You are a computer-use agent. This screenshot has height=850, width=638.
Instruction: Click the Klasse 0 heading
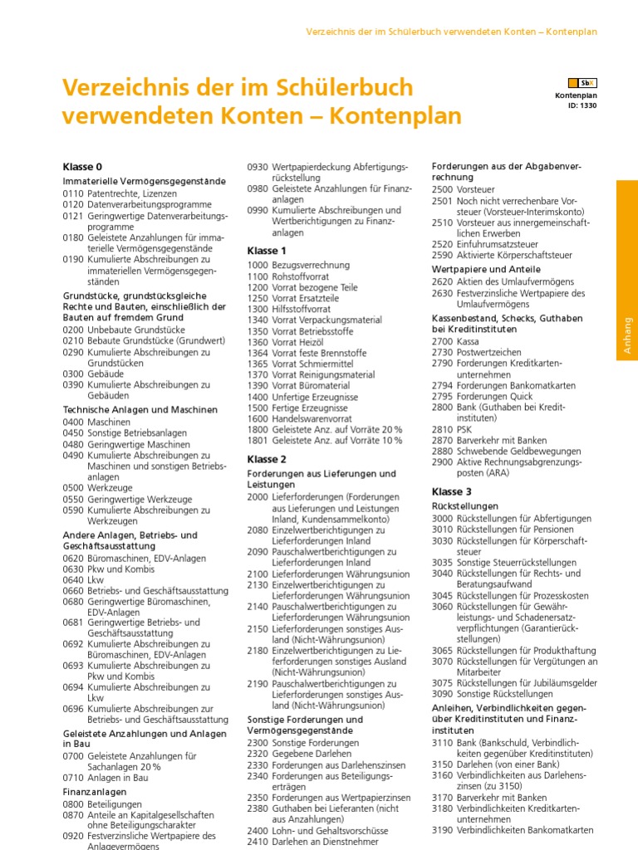(x=82, y=167)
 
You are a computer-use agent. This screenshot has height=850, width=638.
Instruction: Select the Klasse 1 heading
(x=267, y=251)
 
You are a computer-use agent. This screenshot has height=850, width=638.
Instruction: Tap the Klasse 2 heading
(x=267, y=459)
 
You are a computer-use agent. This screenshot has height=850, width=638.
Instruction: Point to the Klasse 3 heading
(x=452, y=491)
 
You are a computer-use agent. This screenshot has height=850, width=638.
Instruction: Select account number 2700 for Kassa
(x=442, y=341)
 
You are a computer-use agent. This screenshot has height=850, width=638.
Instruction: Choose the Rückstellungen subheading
(x=465, y=506)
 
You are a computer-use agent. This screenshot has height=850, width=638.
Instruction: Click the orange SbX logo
(x=582, y=83)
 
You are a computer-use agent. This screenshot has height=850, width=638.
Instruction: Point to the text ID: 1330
(x=582, y=105)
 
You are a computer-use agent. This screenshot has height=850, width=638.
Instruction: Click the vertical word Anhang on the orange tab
(x=627, y=335)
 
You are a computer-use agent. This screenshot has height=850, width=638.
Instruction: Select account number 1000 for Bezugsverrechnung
(x=258, y=265)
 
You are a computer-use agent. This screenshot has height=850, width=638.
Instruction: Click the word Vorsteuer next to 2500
(x=475, y=189)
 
